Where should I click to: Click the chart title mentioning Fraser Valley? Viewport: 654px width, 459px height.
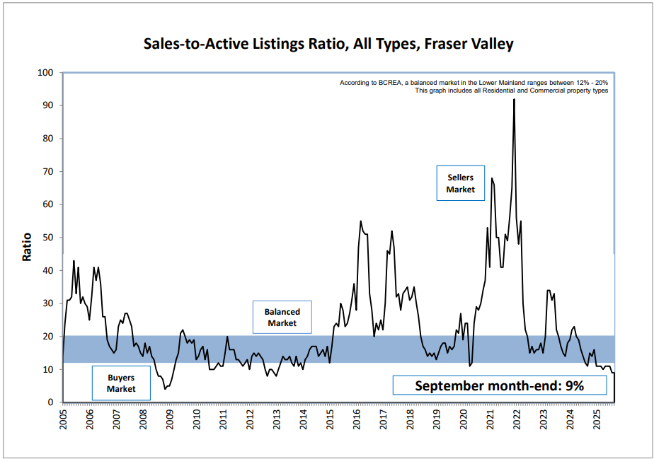[x=328, y=44]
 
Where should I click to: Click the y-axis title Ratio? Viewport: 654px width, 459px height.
[x=27, y=247]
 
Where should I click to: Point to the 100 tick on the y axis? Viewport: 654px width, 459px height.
[x=45, y=73]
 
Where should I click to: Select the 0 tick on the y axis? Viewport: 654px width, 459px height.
[x=50, y=402]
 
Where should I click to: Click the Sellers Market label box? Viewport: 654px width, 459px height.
[x=460, y=183]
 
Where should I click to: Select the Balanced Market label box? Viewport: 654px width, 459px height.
[x=282, y=318]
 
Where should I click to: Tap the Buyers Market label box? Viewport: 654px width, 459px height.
[x=120, y=383]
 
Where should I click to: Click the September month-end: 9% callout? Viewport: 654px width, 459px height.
[x=500, y=385]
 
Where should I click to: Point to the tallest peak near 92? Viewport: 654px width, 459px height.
[x=513, y=100]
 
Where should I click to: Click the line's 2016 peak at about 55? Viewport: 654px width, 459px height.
[x=360, y=221]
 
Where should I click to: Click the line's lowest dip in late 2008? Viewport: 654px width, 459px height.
[x=165, y=388]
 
